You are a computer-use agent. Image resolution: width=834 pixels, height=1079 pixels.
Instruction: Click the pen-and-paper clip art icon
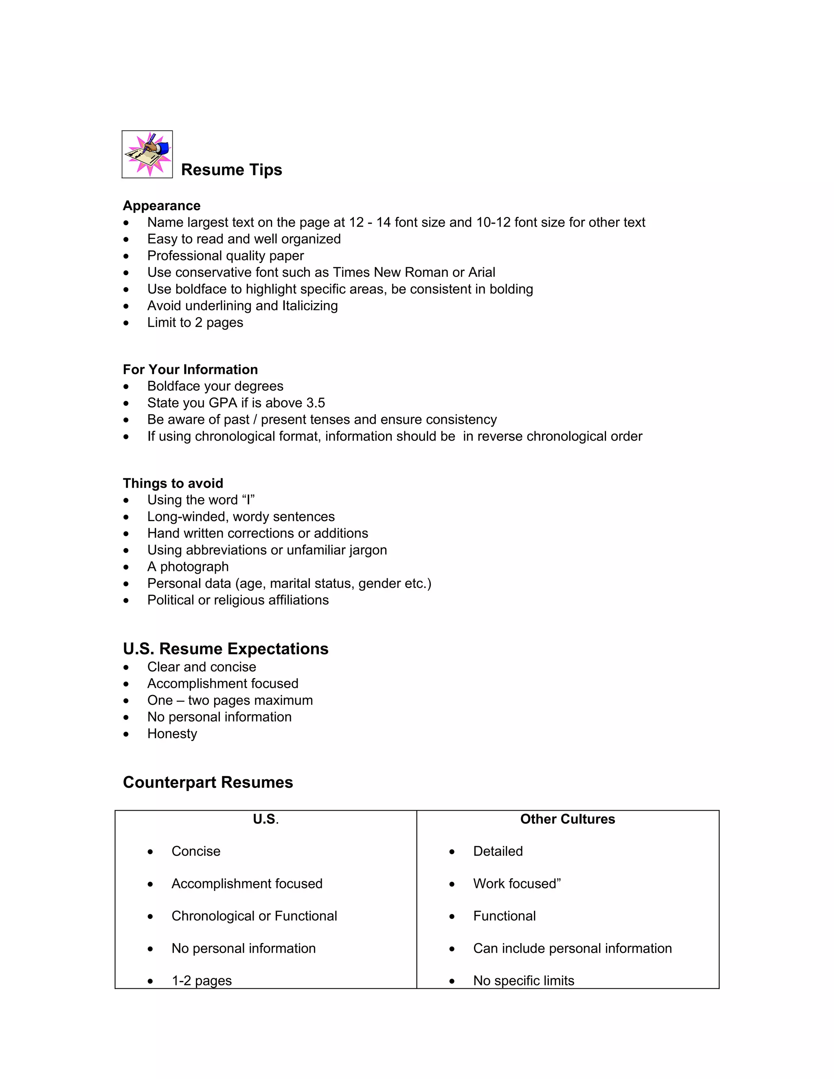[147, 154]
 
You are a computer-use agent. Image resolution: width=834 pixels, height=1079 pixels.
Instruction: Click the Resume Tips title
[231, 169]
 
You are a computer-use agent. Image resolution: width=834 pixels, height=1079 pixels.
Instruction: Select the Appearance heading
[162, 206]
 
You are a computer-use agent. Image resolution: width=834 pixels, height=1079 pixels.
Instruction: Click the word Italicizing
[310, 306]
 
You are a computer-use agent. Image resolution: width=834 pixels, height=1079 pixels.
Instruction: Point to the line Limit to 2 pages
[195, 322]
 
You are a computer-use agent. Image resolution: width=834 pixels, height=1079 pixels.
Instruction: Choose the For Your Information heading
[190, 370]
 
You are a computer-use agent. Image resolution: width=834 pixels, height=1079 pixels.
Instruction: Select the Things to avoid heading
[173, 483]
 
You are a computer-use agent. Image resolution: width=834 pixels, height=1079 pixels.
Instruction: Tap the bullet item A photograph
[188, 567]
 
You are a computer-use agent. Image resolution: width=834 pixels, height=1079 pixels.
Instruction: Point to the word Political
[171, 600]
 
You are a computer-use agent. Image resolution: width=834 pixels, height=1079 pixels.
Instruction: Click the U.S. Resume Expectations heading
[225, 649]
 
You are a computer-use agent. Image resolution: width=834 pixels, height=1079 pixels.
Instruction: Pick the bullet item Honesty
[172, 734]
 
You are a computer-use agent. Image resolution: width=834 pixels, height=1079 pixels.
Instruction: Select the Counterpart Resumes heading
[208, 783]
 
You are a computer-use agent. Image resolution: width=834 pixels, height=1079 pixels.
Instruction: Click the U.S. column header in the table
[266, 819]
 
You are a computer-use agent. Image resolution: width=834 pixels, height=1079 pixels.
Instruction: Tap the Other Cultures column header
[567, 819]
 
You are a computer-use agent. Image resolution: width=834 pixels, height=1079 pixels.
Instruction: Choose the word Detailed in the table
[498, 851]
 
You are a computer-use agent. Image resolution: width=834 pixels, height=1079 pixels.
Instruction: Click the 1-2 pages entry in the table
[202, 981]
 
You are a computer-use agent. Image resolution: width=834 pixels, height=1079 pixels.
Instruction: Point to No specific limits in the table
[524, 981]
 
